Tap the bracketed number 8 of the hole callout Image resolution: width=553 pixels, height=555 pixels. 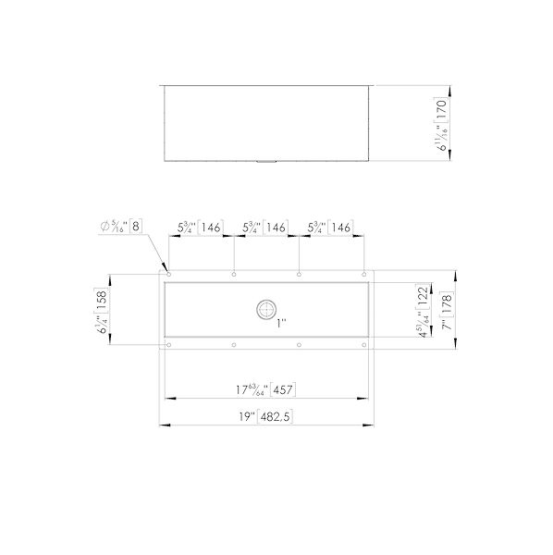136,226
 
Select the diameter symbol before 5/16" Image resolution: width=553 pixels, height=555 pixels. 104,226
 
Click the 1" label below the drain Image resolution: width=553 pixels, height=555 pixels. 282,324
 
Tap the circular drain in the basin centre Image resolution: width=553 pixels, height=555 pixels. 266,307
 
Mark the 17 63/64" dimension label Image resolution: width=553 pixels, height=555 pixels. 252,388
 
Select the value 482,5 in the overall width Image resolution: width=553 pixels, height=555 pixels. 275,417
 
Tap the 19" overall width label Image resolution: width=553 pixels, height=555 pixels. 245,417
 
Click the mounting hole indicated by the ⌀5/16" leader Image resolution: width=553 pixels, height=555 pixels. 169,274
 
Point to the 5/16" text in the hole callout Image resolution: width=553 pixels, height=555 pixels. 119,226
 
